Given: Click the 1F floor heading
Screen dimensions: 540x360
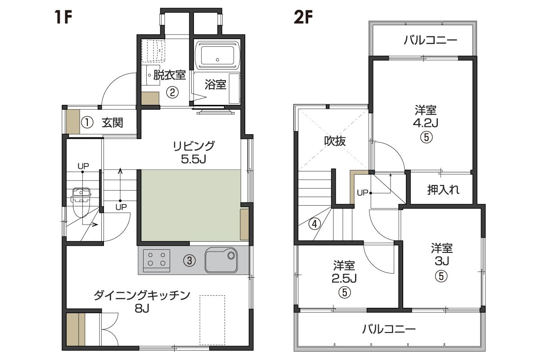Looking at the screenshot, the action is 63,17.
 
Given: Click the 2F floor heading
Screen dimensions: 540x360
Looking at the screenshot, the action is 303,17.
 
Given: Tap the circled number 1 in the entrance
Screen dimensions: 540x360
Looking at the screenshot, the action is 87,122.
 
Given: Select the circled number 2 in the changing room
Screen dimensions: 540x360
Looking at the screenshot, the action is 172,92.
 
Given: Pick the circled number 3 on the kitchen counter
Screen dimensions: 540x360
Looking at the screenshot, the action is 189,261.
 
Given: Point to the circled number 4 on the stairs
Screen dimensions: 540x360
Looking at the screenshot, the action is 315,224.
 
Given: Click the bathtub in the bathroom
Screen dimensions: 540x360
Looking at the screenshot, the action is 217,55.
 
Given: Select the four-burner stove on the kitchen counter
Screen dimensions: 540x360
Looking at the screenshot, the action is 156,261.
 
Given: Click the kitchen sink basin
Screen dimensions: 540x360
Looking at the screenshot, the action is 221,260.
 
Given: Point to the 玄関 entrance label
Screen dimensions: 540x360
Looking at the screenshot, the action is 112,122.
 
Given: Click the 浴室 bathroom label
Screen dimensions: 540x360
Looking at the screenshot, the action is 215,85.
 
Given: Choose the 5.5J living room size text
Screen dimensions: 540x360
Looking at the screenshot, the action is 193,159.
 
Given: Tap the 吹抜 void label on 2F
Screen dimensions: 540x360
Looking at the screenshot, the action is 335,141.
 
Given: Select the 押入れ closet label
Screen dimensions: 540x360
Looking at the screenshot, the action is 443,190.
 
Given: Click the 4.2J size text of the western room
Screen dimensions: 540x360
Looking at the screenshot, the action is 426,123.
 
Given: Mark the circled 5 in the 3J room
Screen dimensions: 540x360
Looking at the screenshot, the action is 441,276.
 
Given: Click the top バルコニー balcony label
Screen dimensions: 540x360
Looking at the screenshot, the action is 430,40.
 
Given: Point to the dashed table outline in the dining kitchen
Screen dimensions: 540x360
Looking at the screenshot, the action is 212,320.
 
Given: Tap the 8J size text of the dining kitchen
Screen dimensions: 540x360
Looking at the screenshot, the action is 142,308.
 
